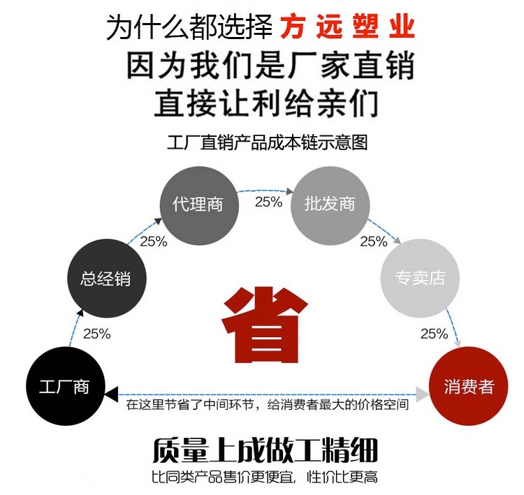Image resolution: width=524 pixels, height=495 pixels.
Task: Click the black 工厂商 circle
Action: tap(64, 387)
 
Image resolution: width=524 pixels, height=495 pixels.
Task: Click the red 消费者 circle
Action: tap(468, 387)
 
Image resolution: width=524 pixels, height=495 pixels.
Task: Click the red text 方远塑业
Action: tap(347, 28)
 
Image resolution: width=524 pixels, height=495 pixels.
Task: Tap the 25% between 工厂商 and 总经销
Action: tap(97, 334)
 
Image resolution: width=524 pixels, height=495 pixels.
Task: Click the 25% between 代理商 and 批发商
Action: tap(268, 202)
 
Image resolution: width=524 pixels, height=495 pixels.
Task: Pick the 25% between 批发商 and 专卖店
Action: tap(374, 242)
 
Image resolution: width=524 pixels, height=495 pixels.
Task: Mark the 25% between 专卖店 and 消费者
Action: tap(434, 334)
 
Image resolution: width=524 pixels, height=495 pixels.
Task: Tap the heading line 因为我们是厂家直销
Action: tap(271, 67)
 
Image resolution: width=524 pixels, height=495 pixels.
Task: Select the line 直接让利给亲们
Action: tap(266, 104)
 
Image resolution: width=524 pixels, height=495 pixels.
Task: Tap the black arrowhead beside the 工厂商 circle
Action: tap(112, 396)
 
